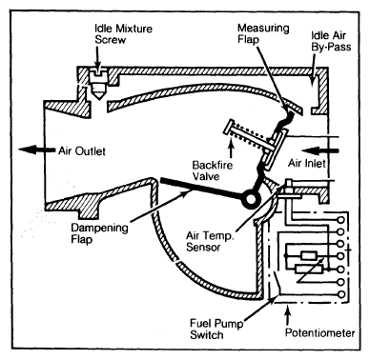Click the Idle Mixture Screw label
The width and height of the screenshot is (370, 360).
coord(123,34)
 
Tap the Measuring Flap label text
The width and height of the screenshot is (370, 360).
coord(263,33)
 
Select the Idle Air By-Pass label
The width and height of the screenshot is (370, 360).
coord(331,41)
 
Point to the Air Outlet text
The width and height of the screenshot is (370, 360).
coord(82,150)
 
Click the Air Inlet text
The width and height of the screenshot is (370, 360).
coord(307,163)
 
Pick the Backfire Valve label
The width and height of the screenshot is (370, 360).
coord(212,170)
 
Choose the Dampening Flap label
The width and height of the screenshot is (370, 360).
coord(99,233)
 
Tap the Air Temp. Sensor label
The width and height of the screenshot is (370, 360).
coord(210,241)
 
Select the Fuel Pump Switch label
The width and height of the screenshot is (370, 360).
coord(216,329)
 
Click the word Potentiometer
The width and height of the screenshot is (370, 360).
coord(319,332)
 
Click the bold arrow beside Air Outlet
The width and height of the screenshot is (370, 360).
coord(36,150)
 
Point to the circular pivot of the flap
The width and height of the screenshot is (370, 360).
coord(251,199)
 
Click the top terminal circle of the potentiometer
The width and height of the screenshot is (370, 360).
coord(341,219)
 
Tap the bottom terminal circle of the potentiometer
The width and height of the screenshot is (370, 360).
coord(341,294)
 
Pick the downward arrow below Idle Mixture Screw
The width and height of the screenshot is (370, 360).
coord(98,59)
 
